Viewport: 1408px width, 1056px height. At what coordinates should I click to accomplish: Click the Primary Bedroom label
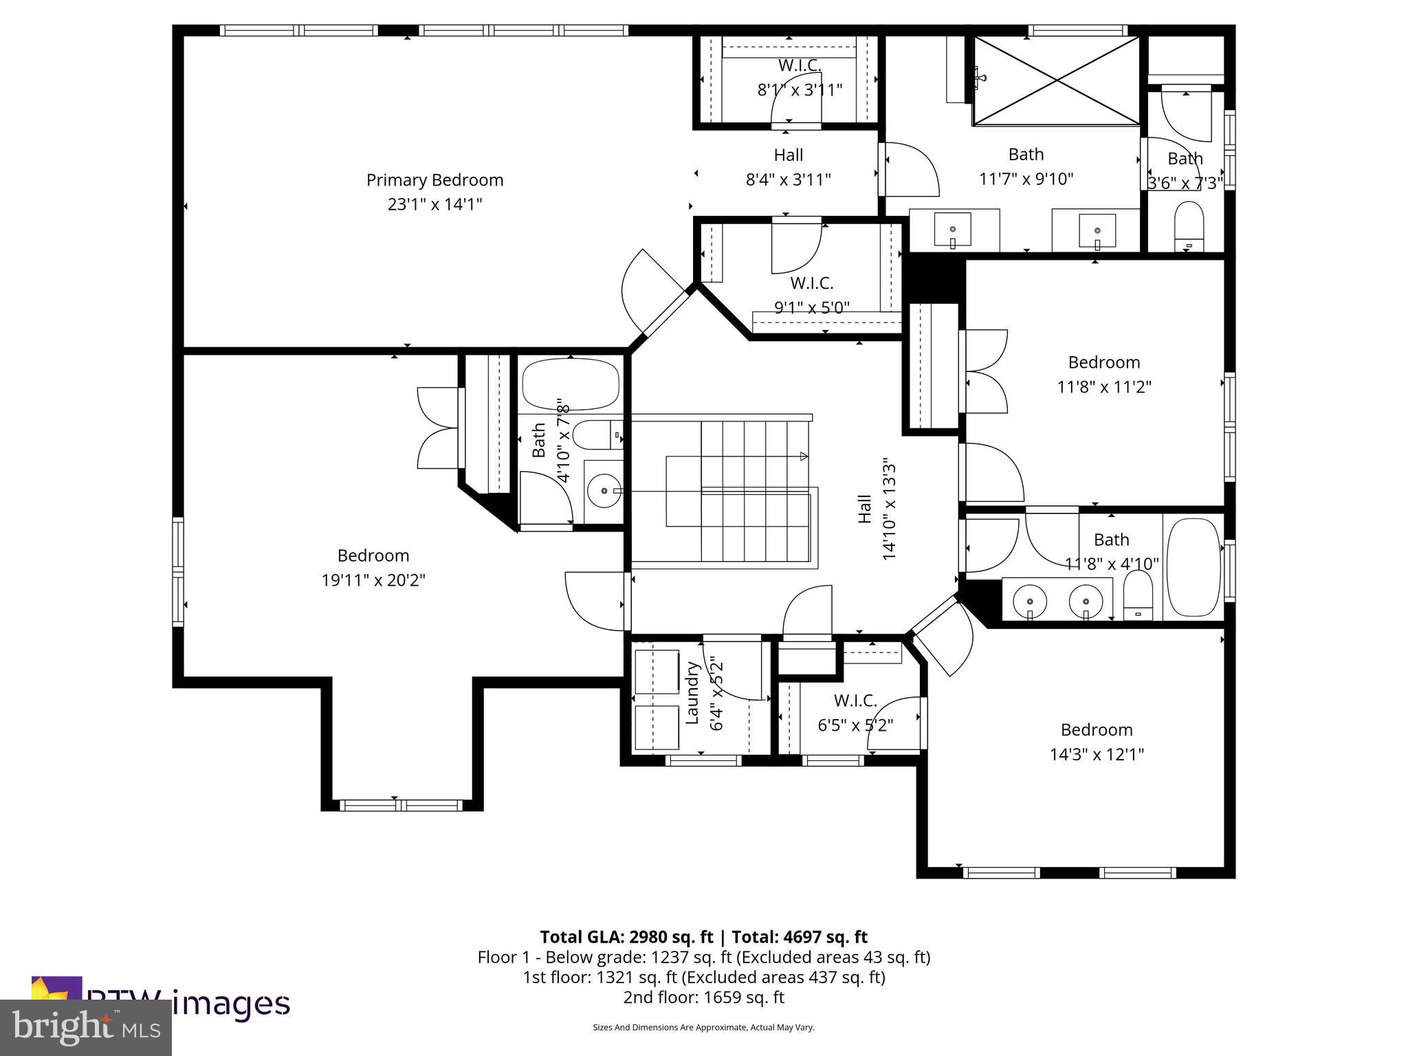tap(434, 180)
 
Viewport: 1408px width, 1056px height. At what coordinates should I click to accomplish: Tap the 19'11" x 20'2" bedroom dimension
tap(373, 580)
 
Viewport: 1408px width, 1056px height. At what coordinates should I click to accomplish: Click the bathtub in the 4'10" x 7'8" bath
tap(570, 385)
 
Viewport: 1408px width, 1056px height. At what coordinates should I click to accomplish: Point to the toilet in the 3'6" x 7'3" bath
tap(1189, 224)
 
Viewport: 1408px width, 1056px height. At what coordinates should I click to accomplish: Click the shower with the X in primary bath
tap(1057, 81)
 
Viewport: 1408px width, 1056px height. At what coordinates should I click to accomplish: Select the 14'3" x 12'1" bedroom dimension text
tap(1096, 754)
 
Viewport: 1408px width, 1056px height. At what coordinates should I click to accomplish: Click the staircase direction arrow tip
tap(805, 456)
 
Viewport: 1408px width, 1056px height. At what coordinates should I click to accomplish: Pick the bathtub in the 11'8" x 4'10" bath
tap(1194, 567)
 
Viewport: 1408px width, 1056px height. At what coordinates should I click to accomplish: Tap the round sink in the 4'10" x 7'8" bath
tap(604, 491)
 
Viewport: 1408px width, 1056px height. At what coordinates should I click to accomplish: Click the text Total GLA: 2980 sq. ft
tap(626, 937)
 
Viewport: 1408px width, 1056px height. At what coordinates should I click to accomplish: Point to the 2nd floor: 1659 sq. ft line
tap(703, 997)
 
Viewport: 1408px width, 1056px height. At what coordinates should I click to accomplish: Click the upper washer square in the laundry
tap(657, 671)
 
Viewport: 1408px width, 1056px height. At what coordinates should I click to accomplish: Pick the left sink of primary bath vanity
tap(953, 230)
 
